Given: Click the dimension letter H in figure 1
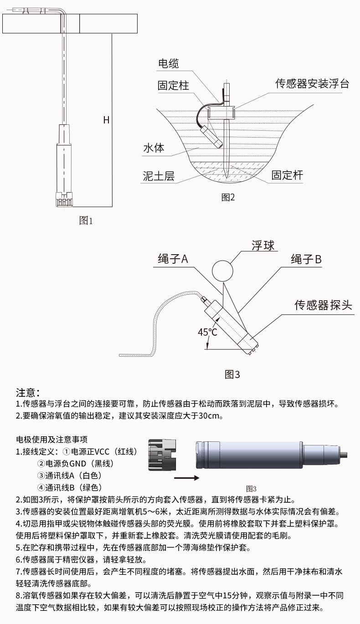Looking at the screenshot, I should pyautogui.click(x=106, y=120).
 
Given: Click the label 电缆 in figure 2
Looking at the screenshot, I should pyautogui.click(x=168, y=64).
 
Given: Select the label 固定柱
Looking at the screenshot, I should pyautogui.click(x=173, y=86).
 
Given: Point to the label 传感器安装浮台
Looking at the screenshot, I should pyautogui.click(x=312, y=84).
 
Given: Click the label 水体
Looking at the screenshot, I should pyautogui.click(x=154, y=148).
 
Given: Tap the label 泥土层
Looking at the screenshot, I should pyautogui.click(x=159, y=176).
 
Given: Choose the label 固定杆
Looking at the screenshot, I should pyautogui.click(x=287, y=175).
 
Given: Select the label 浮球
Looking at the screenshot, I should pyautogui.click(x=263, y=246).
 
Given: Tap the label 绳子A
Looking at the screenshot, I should pyautogui.click(x=171, y=259).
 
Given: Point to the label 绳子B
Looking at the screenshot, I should pyautogui.click(x=306, y=259).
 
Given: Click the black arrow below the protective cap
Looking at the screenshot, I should pyautogui.click(x=186, y=478).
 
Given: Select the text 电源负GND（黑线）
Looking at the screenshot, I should pyautogui.click(x=75, y=464).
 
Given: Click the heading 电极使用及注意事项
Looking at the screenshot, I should pyautogui.click(x=51, y=440).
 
